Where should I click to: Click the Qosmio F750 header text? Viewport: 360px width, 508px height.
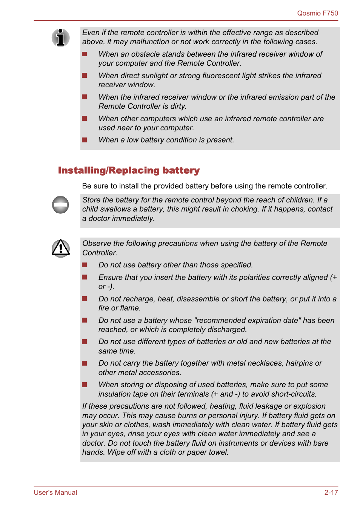(317, 13)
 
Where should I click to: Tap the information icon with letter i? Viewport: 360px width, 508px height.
(60, 37)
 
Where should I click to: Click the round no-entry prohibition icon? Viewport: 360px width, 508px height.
(60, 205)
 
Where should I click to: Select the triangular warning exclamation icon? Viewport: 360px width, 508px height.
(60, 248)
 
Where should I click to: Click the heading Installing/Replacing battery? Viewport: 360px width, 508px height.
(129, 170)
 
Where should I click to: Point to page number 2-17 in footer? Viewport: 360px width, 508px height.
(331, 493)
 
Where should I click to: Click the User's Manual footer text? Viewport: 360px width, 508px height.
(55, 493)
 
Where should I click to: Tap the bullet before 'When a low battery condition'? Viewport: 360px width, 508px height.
(85, 140)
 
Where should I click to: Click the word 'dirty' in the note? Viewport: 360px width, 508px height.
(178, 107)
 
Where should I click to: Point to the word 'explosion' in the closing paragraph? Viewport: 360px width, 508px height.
(309, 406)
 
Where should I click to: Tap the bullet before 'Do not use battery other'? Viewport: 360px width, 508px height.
(85, 265)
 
